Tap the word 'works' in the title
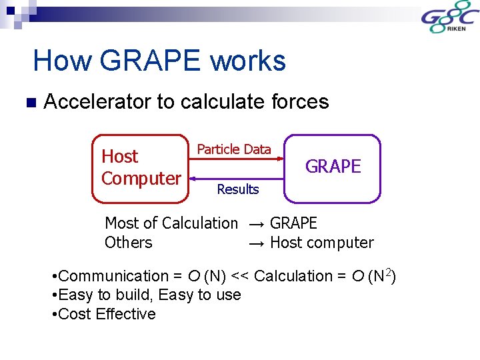[x=248, y=61]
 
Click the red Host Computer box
[x=140, y=168]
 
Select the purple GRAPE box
[x=332, y=168]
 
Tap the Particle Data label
[x=234, y=149]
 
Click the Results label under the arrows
[x=237, y=189]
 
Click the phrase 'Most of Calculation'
[x=171, y=223]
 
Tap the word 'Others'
[x=128, y=243]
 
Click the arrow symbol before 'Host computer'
[x=257, y=243]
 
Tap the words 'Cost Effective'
[x=107, y=314]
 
